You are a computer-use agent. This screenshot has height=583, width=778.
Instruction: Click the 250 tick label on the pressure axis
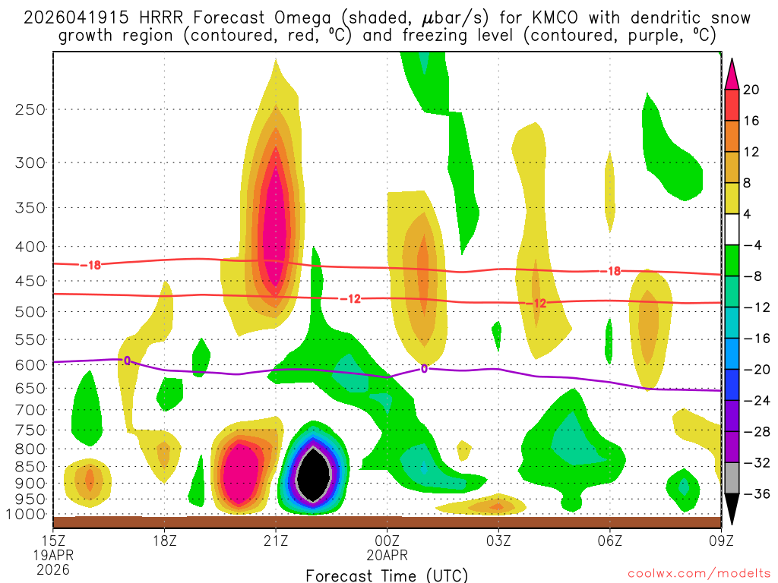click(x=28, y=109)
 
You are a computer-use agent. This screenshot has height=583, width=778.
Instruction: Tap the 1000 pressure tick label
click(x=24, y=514)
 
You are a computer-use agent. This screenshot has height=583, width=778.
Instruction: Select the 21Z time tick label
click(x=276, y=541)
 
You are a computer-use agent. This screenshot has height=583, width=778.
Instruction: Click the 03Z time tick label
click(x=498, y=541)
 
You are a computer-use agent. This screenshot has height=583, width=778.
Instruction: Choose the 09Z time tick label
click(x=721, y=541)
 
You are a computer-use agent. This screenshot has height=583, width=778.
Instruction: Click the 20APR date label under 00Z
click(x=387, y=555)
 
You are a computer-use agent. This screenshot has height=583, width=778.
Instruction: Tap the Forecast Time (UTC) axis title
click(x=387, y=575)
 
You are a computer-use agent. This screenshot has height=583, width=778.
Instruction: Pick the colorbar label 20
click(x=751, y=90)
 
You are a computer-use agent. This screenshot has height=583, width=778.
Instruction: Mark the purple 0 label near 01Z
click(x=424, y=369)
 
